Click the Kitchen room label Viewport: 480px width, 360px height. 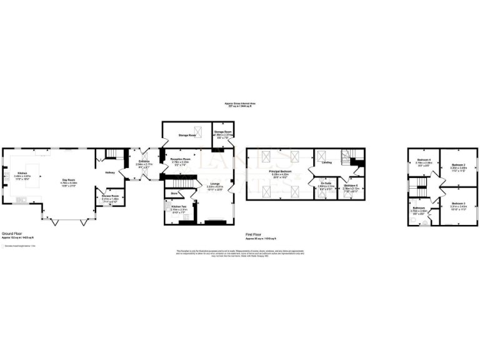(22, 173)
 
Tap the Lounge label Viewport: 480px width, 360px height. (214, 184)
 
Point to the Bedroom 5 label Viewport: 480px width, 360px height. (350, 185)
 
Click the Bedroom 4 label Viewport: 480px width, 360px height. (423, 160)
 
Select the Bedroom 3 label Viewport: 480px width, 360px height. (459, 204)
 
